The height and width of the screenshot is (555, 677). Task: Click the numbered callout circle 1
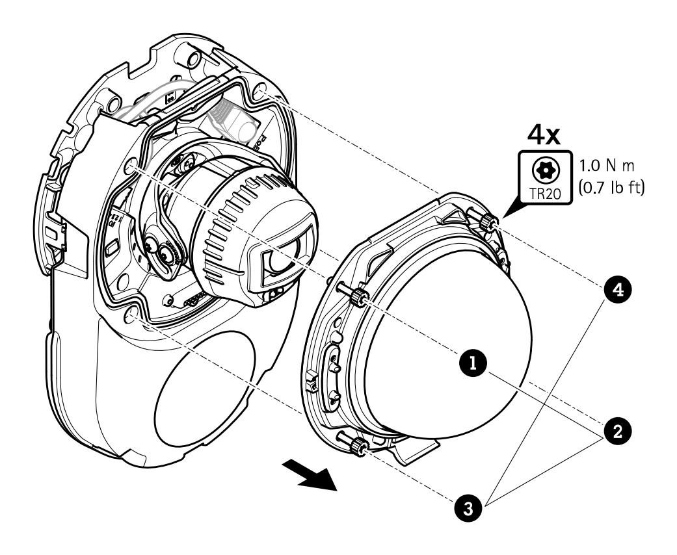(473, 363)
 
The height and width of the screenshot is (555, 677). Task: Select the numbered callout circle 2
(618, 430)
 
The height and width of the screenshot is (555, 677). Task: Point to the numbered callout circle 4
(618, 290)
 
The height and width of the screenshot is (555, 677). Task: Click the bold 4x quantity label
(544, 136)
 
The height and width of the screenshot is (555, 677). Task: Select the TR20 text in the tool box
(546, 194)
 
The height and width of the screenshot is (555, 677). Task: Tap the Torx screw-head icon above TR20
(546, 170)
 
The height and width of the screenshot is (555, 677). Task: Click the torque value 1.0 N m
(607, 166)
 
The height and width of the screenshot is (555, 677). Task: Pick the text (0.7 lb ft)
(610, 187)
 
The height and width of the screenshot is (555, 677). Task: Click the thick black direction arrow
(311, 475)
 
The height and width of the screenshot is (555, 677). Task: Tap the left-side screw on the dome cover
(352, 294)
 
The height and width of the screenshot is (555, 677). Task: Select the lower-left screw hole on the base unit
(131, 315)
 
